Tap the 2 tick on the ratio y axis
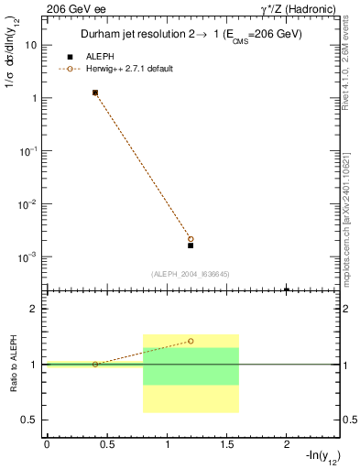pyautogui.click(x=37, y=309)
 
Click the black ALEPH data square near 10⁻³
pyautogui.click(x=191, y=245)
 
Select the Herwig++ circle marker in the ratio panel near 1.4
pyautogui.click(x=191, y=341)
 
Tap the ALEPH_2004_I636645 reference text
pyautogui.click(x=191, y=273)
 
